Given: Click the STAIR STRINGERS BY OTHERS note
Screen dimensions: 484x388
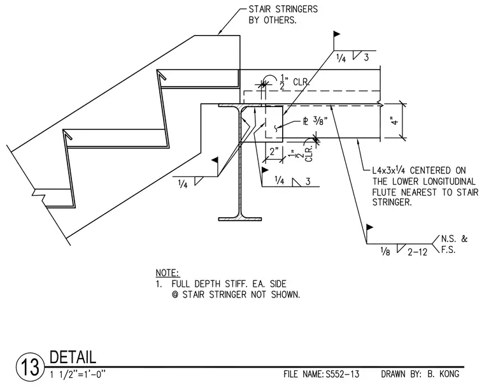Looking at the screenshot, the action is tap(283, 15).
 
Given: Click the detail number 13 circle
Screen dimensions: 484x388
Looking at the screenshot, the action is tap(30, 368).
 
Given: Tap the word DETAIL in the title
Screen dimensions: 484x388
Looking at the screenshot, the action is tap(73, 357).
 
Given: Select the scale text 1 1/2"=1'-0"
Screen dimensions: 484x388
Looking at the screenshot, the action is tap(78, 375).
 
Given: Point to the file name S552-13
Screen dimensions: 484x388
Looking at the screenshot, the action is tap(343, 375).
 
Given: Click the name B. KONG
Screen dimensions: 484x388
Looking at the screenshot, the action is tap(443, 374).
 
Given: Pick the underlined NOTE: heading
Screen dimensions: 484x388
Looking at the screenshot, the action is tap(167, 273).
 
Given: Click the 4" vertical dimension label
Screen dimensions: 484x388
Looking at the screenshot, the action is tap(395, 120).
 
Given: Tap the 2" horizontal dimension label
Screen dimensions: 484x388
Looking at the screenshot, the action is tap(274, 152).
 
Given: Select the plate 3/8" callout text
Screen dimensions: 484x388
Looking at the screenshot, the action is tap(315, 121).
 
